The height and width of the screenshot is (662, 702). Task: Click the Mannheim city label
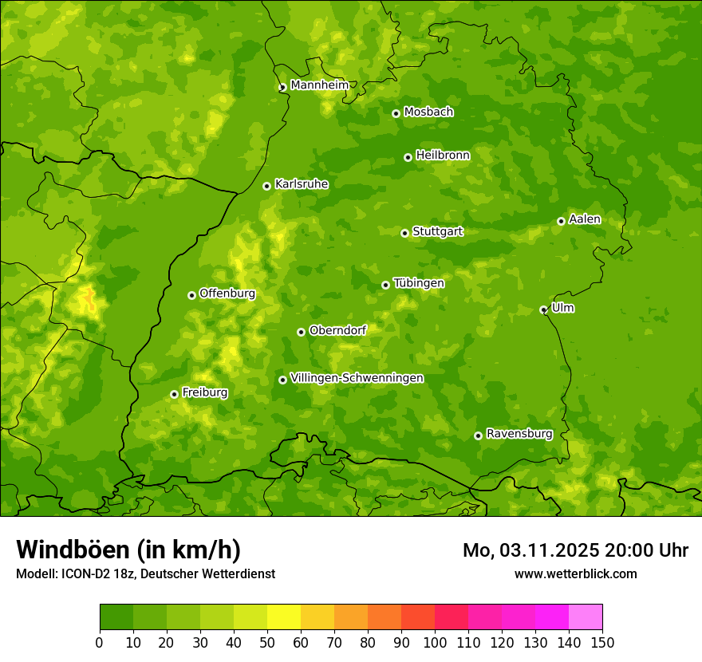pos(319,85)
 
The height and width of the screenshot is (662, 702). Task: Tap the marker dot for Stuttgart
pos(404,233)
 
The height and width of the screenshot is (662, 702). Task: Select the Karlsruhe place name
pos(302,184)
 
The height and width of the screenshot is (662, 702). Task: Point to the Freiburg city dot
pos(174,394)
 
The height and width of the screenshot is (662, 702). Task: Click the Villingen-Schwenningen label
pos(357,378)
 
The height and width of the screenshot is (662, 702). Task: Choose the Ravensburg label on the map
pos(519,434)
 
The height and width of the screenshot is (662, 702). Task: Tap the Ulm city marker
pos(543,309)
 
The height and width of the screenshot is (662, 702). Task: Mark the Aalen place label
pos(585,219)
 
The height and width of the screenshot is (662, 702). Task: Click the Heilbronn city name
pos(443,156)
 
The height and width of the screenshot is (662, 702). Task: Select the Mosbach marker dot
pos(396,113)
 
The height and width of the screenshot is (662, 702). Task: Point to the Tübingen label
pos(419,283)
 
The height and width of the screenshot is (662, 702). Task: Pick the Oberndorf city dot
pos(301,332)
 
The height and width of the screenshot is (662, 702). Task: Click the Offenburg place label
pos(227,294)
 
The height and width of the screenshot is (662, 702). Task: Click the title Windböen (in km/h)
pos(128,550)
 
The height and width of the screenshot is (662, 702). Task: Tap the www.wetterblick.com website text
pos(576,573)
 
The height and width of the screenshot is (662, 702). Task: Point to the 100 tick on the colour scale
pos(435,642)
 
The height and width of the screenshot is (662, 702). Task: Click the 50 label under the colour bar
pos(267,642)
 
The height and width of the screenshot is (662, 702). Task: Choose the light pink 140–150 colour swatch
pos(586,617)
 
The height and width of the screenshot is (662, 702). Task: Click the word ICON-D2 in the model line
pos(82,573)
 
